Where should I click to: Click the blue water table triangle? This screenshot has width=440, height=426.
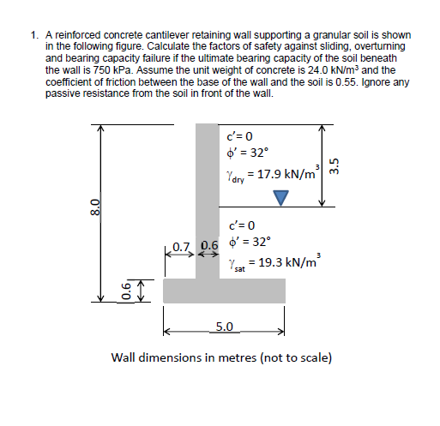click(280, 198)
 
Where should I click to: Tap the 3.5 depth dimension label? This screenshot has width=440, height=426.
click(336, 164)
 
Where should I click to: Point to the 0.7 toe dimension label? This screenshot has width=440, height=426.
click(179, 249)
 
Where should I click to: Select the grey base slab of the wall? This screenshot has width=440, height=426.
click(224, 290)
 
